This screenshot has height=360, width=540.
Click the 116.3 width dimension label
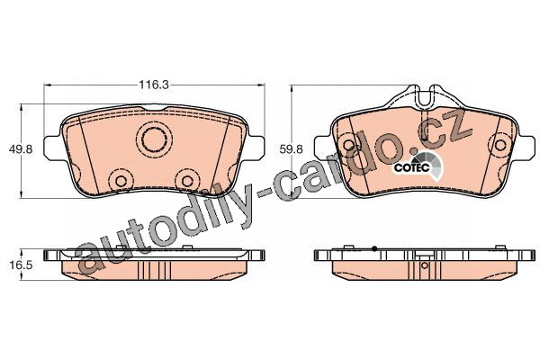[x=154, y=85]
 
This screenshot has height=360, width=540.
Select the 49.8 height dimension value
[x=21, y=149]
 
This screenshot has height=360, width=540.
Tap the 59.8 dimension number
[x=291, y=149]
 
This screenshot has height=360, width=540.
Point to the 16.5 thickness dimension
[x=21, y=265]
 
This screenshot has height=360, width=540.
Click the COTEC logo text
[x=411, y=168]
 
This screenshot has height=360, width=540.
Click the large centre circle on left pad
[x=155, y=139]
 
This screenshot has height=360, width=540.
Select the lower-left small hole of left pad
[x=121, y=181]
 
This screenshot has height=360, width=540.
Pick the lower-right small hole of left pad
[x=187, y=181]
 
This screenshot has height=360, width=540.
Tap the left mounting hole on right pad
[x=349, y=145]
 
